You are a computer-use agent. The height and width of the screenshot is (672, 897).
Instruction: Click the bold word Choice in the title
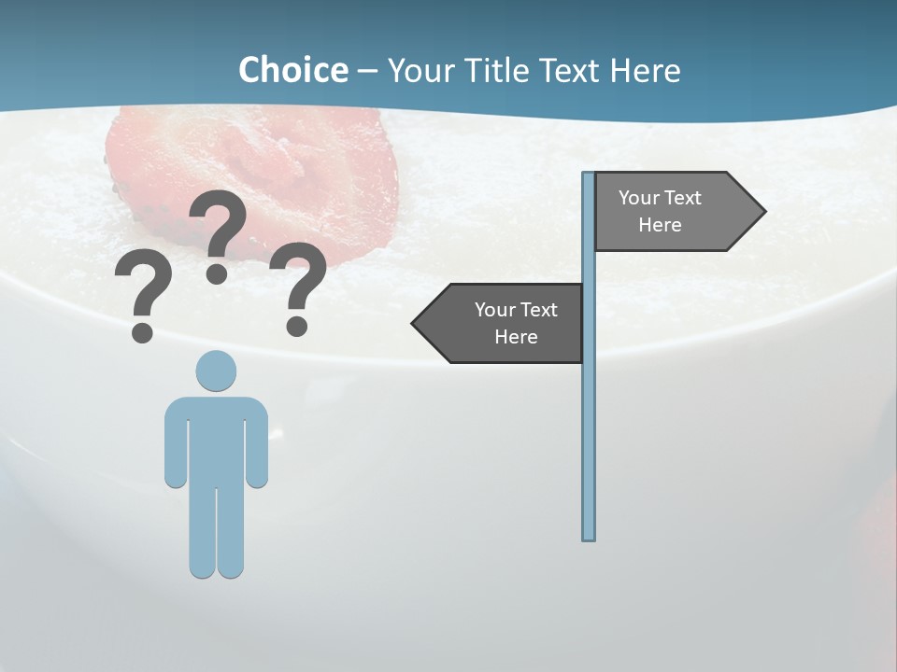point(292,70)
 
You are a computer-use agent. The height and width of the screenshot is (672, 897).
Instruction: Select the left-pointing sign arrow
point(500,323)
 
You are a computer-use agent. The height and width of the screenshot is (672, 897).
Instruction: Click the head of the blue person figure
point(216,371)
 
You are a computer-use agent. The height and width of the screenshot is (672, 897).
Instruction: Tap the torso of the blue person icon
point(216,439)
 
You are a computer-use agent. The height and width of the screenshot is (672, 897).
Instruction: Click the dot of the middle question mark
point(217,273)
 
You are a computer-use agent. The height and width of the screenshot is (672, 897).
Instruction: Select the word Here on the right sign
point(660,225)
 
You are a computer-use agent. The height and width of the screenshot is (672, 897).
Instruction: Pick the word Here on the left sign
point(516,337)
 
